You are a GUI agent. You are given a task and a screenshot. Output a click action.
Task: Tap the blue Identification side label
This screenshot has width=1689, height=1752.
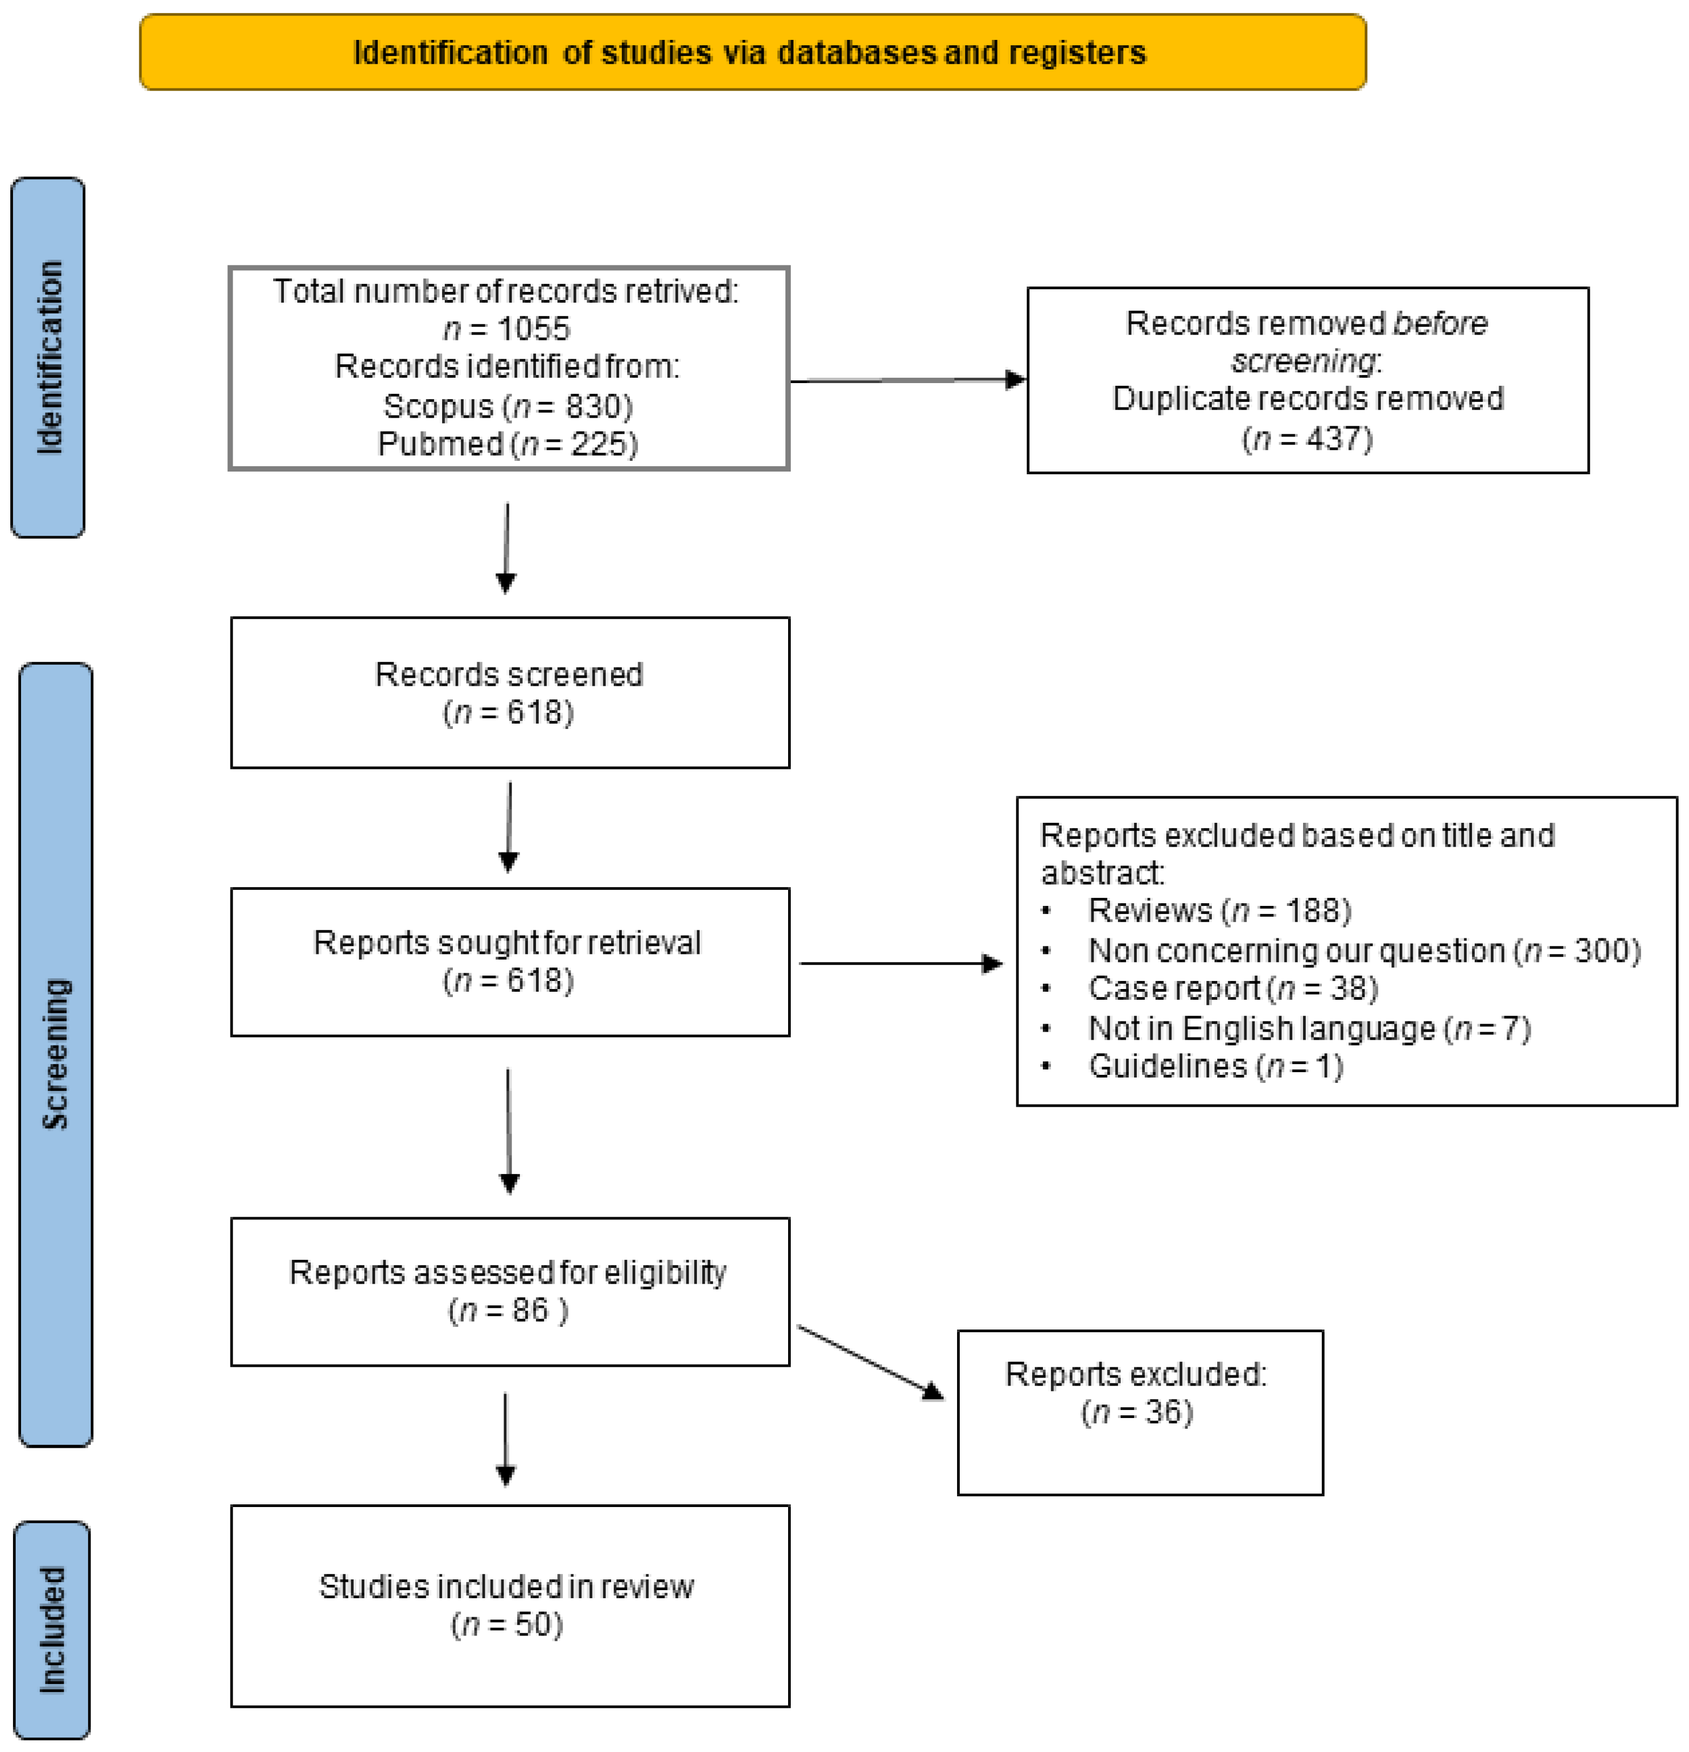pos(48,358)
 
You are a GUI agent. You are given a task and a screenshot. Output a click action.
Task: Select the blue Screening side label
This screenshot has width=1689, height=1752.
pos(56,1055)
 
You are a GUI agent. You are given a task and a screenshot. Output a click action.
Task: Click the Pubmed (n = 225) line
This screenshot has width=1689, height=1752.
pos(508,444)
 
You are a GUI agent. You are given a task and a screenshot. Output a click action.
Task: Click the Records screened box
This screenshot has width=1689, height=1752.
pos(510,693)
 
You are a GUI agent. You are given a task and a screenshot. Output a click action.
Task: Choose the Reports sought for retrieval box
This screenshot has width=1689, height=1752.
pos(510,962)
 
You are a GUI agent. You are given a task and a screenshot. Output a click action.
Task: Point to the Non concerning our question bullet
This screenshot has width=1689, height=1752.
pos(1364,950)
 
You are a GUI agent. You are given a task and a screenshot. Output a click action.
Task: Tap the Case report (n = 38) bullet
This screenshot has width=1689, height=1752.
pos(1232,989)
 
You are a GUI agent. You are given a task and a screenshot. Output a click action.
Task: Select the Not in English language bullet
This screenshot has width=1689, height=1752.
pos(1308,1028)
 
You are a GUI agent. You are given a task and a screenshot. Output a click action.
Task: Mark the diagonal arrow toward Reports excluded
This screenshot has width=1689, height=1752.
pos(869,1362)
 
